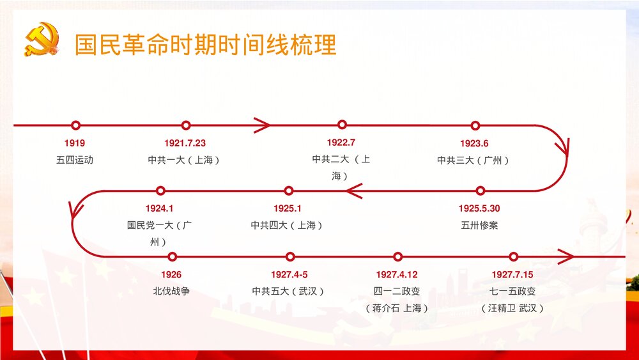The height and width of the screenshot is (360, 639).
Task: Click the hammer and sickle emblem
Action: coord(41,40)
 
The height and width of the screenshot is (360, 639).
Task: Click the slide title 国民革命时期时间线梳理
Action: coord(205,45)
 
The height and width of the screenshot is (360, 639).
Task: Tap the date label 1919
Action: coord(74,143)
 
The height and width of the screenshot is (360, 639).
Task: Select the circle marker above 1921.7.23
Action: coord(186,125)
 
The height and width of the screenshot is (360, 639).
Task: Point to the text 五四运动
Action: coord(74,160)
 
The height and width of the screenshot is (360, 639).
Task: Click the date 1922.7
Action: coord(341,142)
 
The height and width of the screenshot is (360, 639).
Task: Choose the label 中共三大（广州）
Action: coord(473,160)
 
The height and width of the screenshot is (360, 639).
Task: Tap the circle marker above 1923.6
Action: coord(475,125)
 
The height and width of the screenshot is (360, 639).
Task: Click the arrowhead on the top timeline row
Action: coord(261,125)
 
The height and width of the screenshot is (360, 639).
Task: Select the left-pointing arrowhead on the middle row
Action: coord(354,191)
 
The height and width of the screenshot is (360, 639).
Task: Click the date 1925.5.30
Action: coord(479,208)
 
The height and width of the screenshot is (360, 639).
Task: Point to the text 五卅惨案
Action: coord(479,225)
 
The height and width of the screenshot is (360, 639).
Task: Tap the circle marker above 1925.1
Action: coord(288,191)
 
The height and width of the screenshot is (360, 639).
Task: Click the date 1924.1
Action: coord(159,208)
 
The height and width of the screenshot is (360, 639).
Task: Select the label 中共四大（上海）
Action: coord(287,225)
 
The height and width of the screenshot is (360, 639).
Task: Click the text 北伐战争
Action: coord(171,291)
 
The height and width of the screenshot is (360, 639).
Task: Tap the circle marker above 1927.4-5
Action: coord(290,257)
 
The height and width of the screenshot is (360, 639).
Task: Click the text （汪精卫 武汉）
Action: coord(512,308)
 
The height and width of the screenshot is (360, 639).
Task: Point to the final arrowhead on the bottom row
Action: coord(565,257)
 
